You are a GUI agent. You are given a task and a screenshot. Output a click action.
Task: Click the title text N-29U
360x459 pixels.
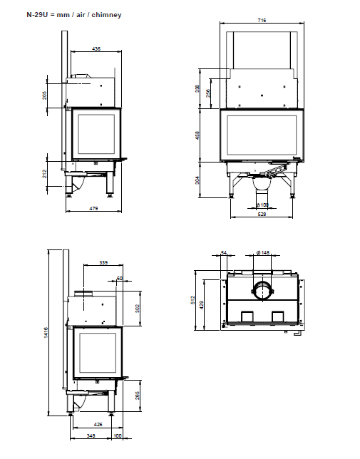coord(37,15)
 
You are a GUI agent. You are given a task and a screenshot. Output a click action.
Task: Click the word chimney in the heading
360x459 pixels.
coord(106,15)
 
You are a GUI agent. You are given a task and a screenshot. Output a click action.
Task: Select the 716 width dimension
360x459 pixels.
coord(262,20)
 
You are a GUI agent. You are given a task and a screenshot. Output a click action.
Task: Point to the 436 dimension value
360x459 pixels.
coord(96,49)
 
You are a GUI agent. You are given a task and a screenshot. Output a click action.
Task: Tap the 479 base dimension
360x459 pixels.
coord(93,208)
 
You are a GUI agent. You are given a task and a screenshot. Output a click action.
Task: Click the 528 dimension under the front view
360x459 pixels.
coord(262,214)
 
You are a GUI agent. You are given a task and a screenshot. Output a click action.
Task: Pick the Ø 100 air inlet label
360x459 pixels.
coord(262,205)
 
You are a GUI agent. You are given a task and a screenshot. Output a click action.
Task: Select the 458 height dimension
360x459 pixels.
coord(197,135)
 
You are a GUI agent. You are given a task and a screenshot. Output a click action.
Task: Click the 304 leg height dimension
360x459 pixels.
coord(197,180)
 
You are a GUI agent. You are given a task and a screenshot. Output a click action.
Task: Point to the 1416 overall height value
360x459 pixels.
coord(46,333)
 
